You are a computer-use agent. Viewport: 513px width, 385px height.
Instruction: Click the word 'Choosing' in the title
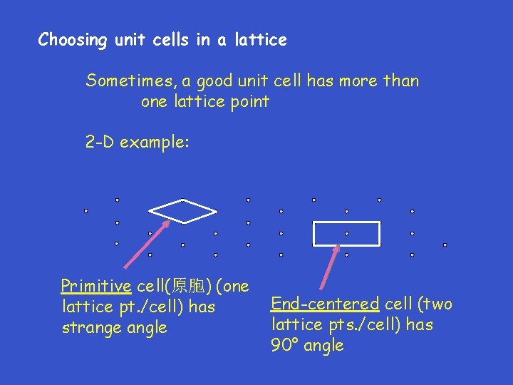71,40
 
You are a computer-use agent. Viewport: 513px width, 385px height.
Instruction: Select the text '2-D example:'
138,142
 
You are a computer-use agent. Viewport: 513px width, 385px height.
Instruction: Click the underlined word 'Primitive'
96,287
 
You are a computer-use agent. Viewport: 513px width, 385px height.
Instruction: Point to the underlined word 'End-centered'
325,304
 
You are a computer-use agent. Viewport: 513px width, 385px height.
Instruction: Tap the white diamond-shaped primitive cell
182,211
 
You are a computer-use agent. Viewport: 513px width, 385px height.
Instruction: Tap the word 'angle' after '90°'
323,346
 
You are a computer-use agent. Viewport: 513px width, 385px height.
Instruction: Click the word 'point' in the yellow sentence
247,101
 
